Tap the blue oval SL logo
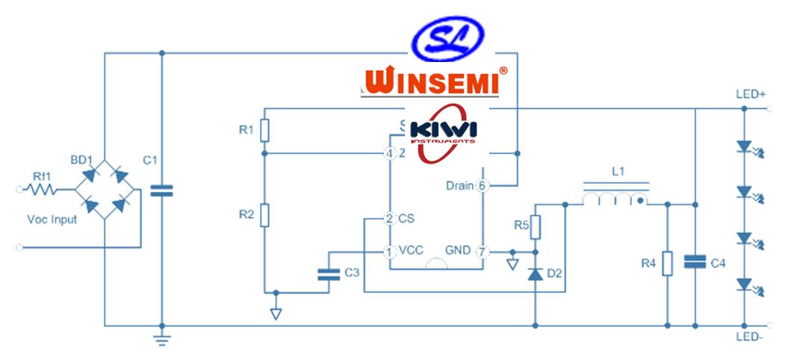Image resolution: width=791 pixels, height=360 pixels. [x=449, y=40]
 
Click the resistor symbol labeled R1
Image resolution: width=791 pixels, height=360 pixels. [x=264, y=131]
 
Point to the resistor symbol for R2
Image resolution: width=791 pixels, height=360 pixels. [x=264, y=217]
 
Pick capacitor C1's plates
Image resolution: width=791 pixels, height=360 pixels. [x=161, y=190]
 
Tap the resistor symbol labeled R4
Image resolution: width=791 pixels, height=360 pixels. [x=667, y=263]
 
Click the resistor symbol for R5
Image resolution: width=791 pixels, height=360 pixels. [x=535, y=227]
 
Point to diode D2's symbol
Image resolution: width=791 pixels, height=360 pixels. [x=535, y=274]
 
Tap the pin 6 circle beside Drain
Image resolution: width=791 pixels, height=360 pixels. [x=483, y=185]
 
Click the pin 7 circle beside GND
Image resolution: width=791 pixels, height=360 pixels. [x=483, y=251]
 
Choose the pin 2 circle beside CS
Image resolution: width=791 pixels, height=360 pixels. [x=389, y=219]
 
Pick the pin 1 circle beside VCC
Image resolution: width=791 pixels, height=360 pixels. [x=389, y=251]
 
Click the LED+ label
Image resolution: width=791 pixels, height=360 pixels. [x=751, y=95]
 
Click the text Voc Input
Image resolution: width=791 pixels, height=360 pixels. [x=52, y=220]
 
